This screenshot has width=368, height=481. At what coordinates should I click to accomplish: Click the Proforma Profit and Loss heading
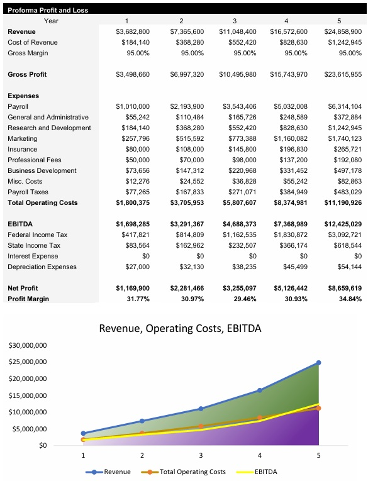pyautogui.click(x=48, y=10)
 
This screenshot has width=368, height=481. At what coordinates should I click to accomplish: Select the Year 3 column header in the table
pyautogui.click(x=233, y=21)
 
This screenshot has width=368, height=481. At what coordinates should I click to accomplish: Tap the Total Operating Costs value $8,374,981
pyautogui.click(x=289, y=202)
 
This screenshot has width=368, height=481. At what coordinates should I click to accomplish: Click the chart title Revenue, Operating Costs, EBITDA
pyautogui.click(x=180, y=328)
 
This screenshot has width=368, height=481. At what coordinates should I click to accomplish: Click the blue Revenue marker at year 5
pyautogui.click(x=318, y=363)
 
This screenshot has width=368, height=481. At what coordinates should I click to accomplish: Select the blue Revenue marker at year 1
pyautogui.click(x=83, y=433)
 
